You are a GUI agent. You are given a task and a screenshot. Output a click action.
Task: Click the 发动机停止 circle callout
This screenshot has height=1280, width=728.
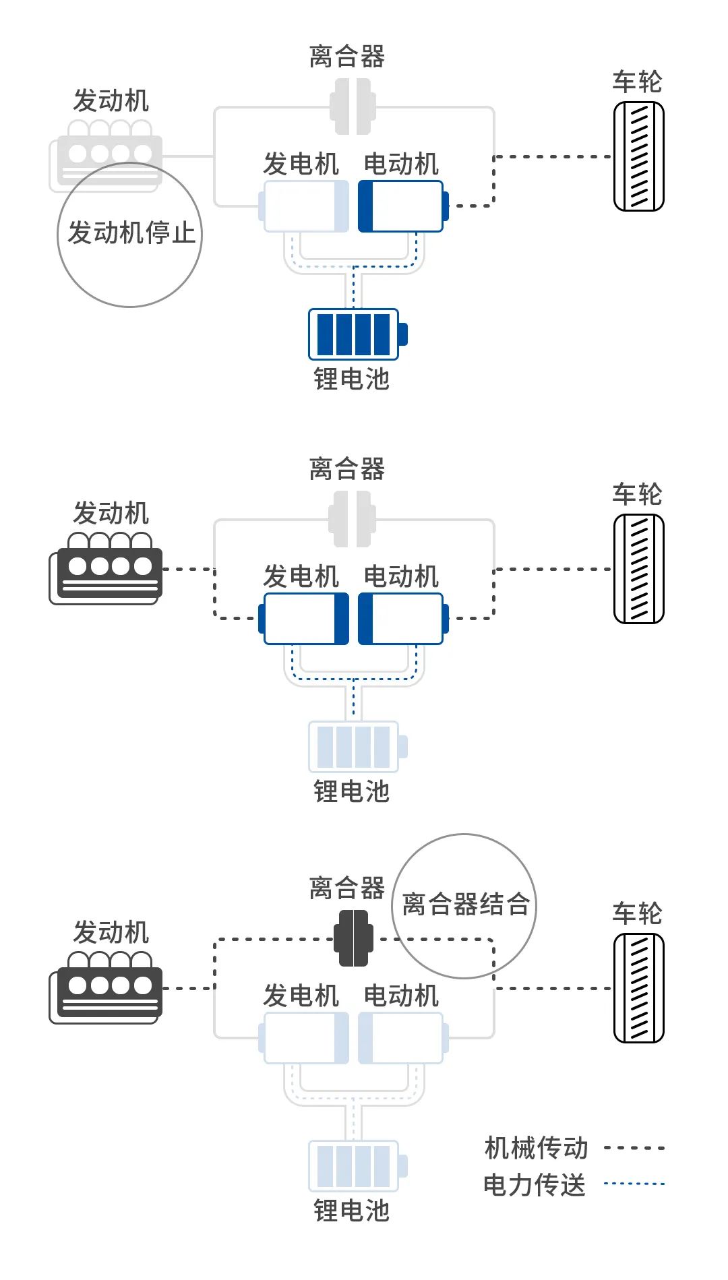(x=130, y=234)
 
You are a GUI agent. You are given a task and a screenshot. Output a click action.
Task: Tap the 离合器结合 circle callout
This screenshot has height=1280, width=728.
(x=464, y=905)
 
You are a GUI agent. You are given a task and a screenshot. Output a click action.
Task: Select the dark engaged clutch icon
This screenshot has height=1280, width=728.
(x=353, y=938)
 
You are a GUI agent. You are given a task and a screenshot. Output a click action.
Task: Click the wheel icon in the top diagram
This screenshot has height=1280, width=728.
(x=638, y=156)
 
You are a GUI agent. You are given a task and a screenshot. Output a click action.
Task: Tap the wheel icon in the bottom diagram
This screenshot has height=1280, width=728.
(x=638, y=987)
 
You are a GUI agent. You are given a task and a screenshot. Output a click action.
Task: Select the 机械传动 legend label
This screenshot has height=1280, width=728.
(x=536, y=1148)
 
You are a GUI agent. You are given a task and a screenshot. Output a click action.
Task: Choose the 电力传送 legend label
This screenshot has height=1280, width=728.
(x=535, y=1184)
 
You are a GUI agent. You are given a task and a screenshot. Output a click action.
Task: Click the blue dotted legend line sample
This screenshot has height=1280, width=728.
(x=634, y=1184)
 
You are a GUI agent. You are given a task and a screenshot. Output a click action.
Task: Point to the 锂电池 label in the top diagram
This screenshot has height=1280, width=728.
(x=352, y=379)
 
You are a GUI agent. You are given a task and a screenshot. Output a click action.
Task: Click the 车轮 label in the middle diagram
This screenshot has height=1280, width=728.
(x=637, y=494)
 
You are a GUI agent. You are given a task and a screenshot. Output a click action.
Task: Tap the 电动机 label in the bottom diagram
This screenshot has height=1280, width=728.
(x=401, y=996)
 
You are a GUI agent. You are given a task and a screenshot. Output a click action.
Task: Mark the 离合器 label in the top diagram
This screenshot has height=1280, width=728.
(x=347, y=57)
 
